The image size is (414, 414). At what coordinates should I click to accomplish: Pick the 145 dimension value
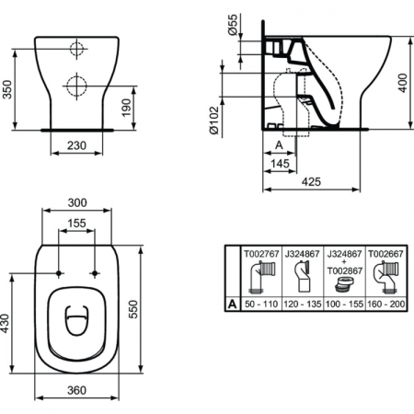(x=283, y=164)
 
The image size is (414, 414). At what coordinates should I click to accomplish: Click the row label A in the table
(x=231, y=300)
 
